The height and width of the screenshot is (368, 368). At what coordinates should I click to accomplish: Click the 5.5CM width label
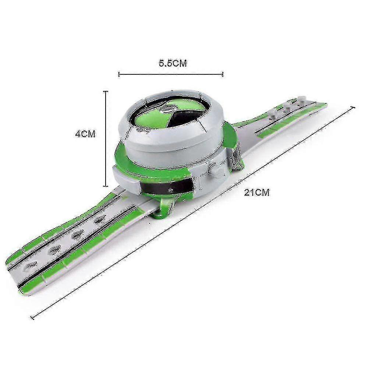173,63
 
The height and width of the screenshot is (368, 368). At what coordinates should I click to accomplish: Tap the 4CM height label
85,134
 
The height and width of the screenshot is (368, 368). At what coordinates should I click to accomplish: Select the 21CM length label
257,193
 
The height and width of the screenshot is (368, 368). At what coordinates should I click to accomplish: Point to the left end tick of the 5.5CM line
119,74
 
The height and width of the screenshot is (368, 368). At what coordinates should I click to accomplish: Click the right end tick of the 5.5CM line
223,74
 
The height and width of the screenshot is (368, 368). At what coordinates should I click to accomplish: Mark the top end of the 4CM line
106,92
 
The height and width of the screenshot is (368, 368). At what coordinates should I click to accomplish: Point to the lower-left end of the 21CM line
32,318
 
